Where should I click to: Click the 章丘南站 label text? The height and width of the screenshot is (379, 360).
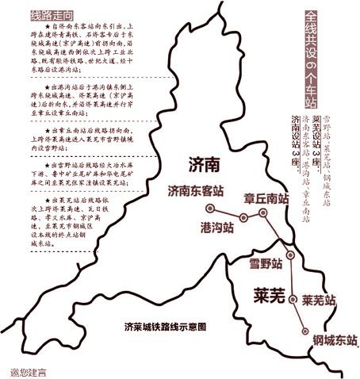coord(266,200)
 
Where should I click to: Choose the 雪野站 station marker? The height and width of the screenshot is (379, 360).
coord(290,255)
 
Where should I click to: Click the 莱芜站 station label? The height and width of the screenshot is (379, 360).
coord(320,301)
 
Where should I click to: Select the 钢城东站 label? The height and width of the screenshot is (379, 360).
coord(330,340)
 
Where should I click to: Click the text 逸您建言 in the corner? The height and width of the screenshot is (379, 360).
coord(29,370)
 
